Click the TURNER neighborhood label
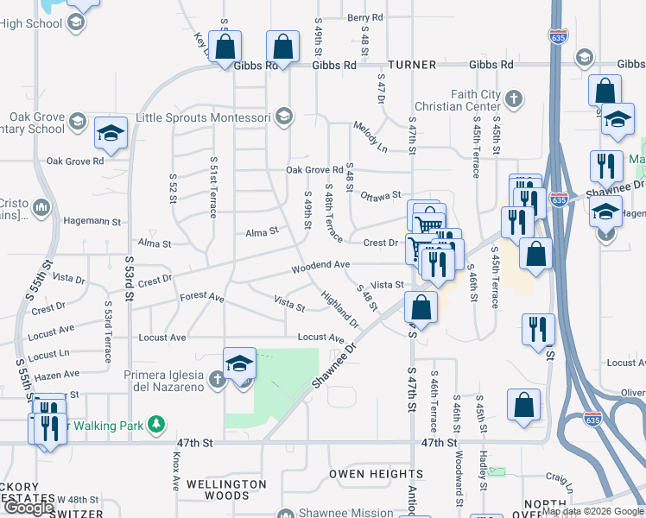[x=413, y=65]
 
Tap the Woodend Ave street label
[x=320, y=266]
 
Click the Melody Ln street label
[x=370, y=137]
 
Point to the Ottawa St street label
[x=380, y=196]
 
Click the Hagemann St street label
[x=85, y=222]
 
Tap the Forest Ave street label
[x=202, y=297]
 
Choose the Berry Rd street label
[x=364, y=17]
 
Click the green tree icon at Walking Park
[x=156, y=424]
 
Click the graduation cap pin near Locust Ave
[x=239, y=363]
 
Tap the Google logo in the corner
[x=29, y=508]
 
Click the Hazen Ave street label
[x=59, y=375]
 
